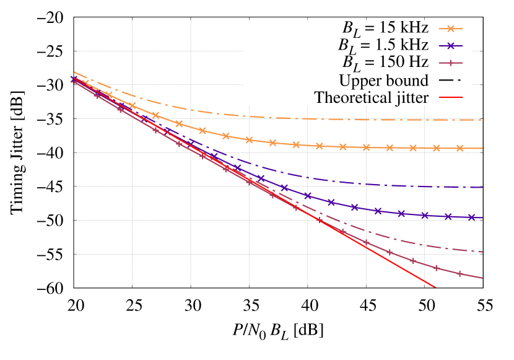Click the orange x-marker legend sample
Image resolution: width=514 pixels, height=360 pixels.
[451, 29]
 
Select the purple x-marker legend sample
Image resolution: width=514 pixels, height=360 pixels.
[451, 46]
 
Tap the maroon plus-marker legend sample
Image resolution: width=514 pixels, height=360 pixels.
[451, 63]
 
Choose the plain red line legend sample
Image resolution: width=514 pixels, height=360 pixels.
[451, 97]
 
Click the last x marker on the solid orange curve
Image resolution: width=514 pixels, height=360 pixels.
[460, 148]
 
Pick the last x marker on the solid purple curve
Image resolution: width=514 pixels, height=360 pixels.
[472, 217]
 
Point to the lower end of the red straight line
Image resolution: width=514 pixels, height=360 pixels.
[435, 287]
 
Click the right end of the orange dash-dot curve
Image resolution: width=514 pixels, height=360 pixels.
[482, 120]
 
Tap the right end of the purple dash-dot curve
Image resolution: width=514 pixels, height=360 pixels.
[482, 187]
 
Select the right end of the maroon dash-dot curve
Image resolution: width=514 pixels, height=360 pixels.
[482, 252]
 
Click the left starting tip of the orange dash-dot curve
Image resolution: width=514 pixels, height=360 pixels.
[74, 72]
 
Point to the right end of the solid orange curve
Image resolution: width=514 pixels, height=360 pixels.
[482, 149]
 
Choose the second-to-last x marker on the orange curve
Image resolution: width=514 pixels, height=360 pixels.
[437, 148]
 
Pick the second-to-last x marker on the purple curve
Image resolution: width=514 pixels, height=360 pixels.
[448, 217]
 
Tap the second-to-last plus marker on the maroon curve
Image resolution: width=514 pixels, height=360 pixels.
[437, 268]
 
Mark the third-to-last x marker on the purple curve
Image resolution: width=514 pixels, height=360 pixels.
[425, 216]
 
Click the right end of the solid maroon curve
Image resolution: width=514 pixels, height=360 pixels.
[482, 278]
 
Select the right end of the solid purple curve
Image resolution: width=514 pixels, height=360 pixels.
[482, 218]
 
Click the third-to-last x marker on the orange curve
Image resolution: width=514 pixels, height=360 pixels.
[413, 148]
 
